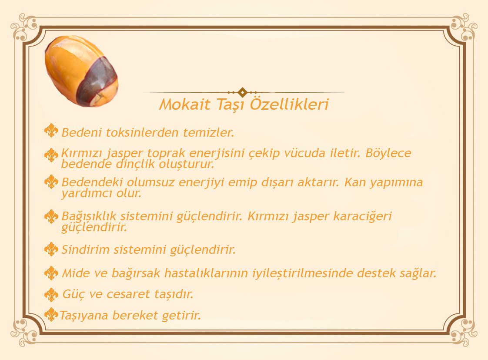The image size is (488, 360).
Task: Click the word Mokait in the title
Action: [x=185, y=104]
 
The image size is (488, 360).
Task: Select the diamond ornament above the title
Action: [x=242, y=92]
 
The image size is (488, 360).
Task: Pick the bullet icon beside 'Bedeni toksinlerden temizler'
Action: [x=51, y=131]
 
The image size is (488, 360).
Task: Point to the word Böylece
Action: [x=388, y=153]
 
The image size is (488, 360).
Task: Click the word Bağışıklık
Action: [x=88, y=216]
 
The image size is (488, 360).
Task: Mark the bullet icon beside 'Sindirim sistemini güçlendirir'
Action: [x=51, y=249]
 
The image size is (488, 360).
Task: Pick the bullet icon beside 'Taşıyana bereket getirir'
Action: [x=51, y=315]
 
